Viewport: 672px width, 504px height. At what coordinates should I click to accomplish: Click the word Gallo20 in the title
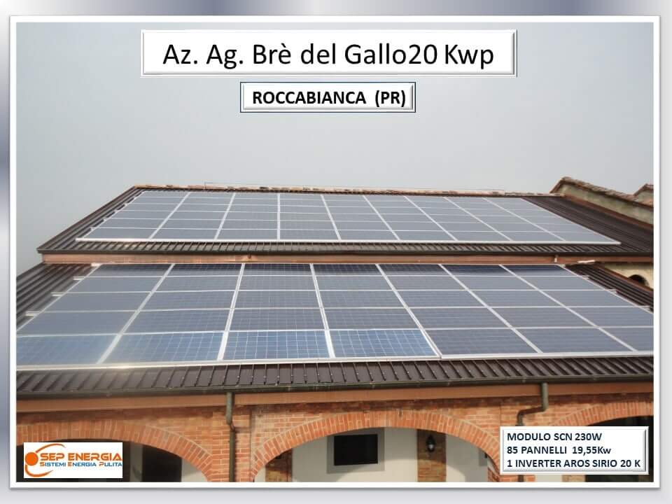391,54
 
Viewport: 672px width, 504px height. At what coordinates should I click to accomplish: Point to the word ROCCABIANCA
309,98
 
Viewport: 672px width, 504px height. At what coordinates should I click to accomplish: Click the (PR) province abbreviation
390,98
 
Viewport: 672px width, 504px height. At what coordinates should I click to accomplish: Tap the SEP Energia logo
73,461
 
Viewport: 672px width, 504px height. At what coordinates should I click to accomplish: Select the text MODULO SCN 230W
554,437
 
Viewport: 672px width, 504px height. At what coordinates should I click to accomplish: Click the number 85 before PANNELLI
512,450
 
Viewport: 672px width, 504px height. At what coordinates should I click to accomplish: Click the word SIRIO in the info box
605,463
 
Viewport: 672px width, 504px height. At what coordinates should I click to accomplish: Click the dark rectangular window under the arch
356,449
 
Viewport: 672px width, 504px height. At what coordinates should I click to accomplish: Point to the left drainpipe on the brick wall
230,436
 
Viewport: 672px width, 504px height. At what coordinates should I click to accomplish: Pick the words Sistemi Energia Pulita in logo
80,465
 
